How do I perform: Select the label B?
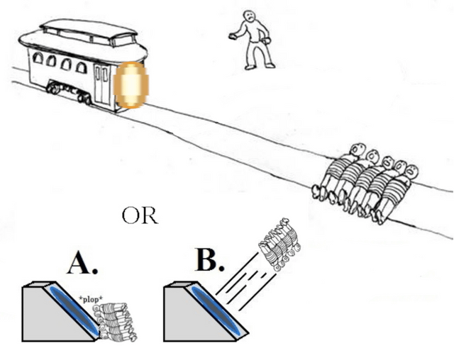point(209,260)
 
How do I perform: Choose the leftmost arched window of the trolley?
point(38,60)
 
